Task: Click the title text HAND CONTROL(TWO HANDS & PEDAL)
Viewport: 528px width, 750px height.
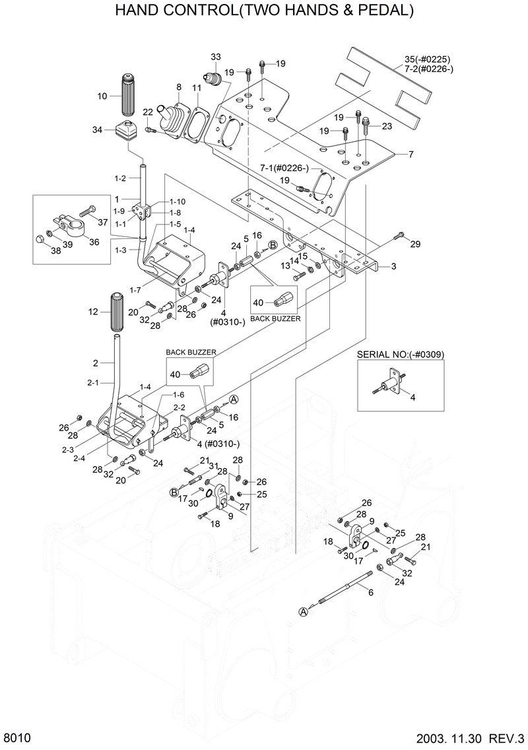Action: [x=264, y=11]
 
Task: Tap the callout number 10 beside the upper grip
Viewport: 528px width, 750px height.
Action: [x=102, y=96]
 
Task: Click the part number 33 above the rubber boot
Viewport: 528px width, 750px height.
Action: [x=216, y=56]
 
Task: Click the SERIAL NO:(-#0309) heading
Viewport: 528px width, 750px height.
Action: [x=400, y=354]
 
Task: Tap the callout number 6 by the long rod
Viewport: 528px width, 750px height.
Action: [x=370, y=592]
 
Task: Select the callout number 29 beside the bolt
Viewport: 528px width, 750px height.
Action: [x=414, y=245]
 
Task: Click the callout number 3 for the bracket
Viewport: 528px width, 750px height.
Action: [x=393, y=267]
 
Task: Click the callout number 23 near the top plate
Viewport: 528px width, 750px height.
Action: [x=387, y=126]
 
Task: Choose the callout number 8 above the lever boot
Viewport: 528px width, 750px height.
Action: [x=178, y=87]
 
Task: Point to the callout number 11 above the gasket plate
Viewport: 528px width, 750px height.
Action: [x=197, y=88]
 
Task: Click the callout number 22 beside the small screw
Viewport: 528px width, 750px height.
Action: [x=148, y=111]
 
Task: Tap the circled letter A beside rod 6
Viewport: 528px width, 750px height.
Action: [x=304, y=611]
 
